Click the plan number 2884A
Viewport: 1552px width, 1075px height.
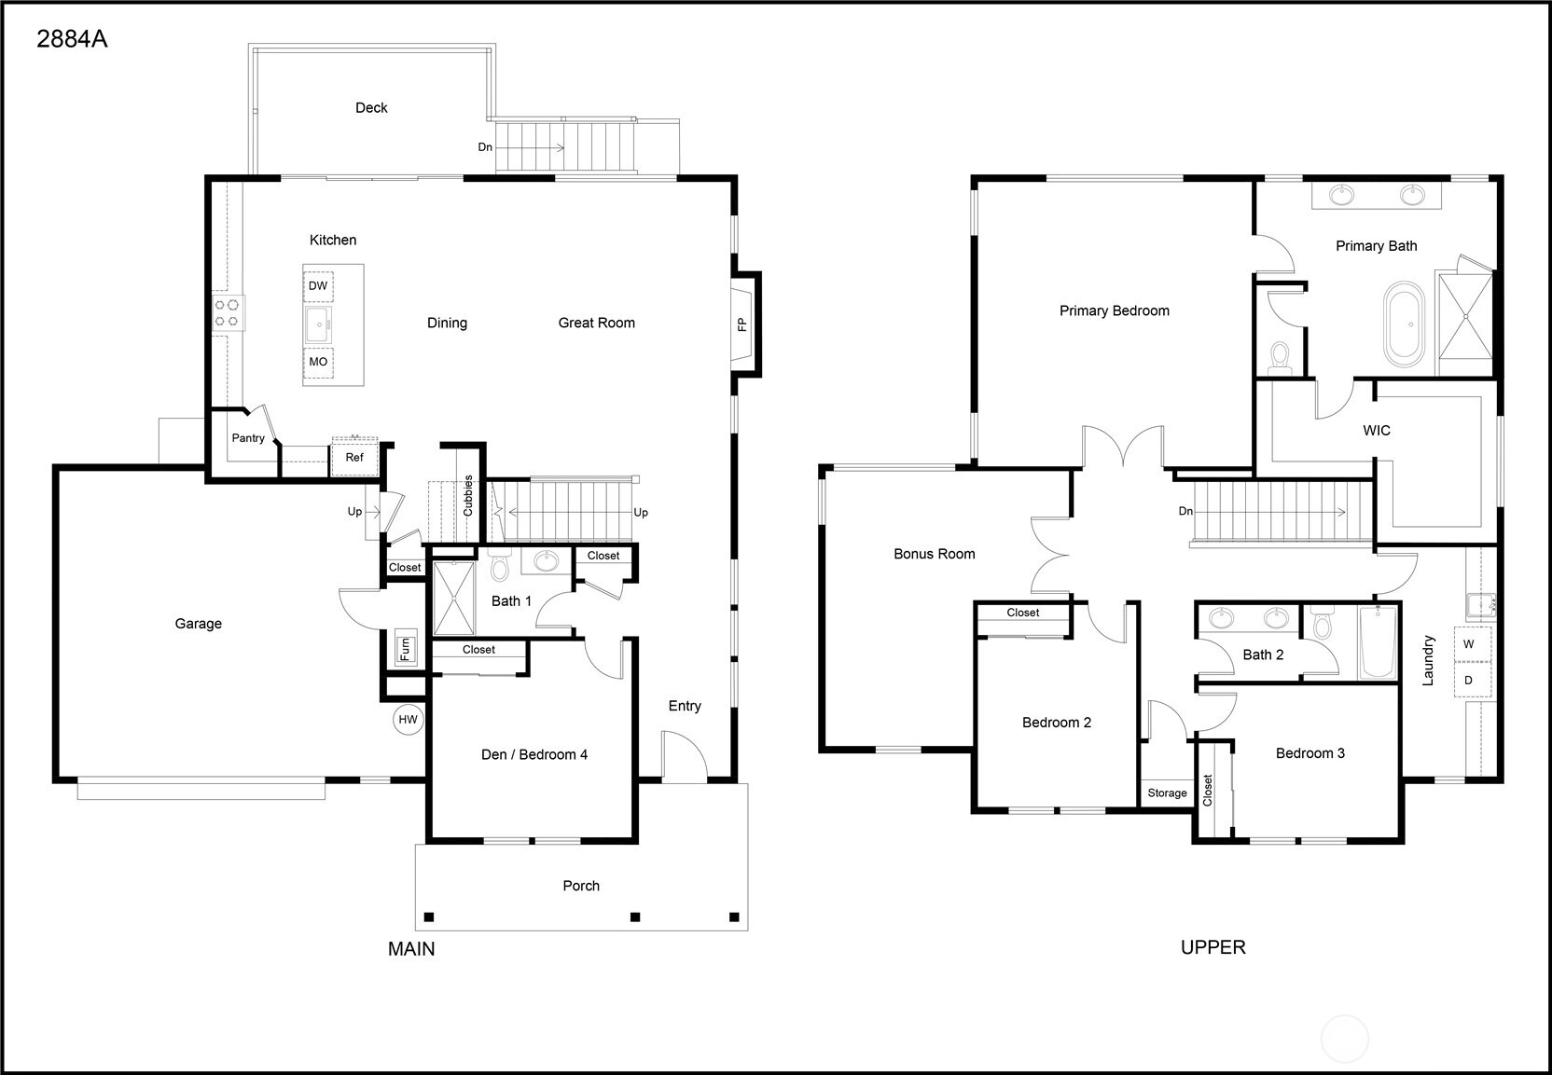pos(72,40)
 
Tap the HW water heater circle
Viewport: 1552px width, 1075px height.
pos(409,720)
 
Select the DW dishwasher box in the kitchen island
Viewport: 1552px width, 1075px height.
pos(318,286)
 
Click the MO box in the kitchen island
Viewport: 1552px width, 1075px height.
pos(318,362)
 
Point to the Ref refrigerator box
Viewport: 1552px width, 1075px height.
pos(354,458)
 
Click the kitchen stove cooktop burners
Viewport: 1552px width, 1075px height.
pos(227,312)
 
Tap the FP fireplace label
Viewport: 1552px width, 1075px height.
pos(742,324)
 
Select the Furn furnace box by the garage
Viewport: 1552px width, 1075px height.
pos(406,647)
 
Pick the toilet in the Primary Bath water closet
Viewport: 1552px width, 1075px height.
pos(1280,357)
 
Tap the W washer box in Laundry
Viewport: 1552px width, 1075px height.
pos(1469,644)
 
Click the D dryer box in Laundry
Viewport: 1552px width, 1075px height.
pos(1469,681)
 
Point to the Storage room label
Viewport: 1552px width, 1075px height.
pos(1167,793)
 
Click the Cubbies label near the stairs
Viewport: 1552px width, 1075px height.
pos(468,496)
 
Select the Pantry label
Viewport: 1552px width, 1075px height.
pos(248,438)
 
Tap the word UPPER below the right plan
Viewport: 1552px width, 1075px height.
pos(1212,947)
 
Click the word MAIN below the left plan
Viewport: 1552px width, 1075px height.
pos(411,949)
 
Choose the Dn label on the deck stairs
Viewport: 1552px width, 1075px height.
pos(485,147)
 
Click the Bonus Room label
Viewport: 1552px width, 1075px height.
pos(934,554)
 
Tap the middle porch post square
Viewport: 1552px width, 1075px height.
pos(635,917)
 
